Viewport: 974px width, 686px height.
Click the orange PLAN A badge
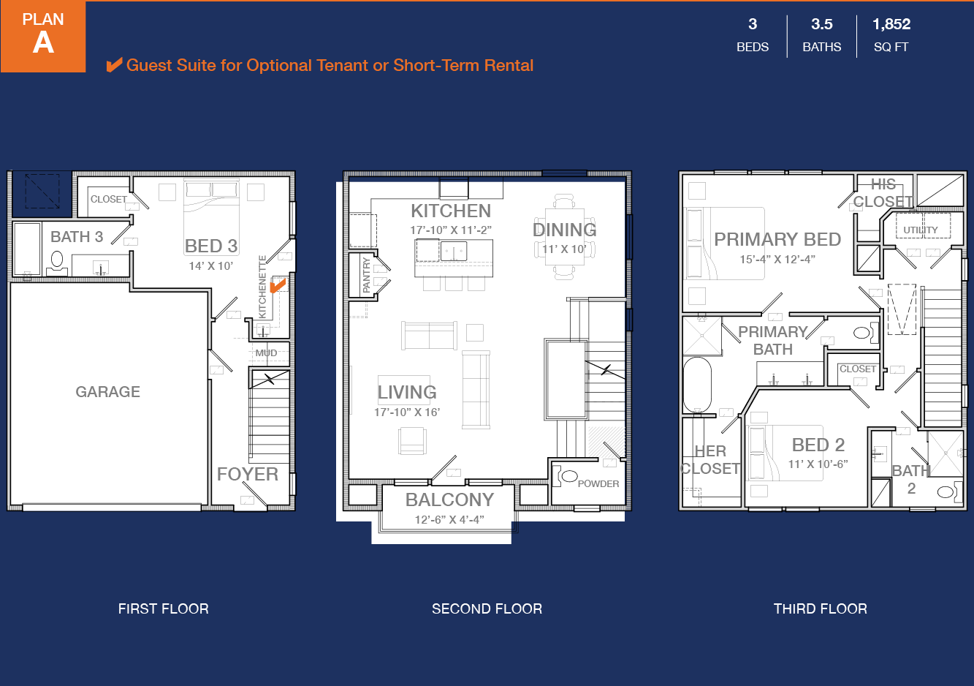pyautogui.click(x=43, y=36)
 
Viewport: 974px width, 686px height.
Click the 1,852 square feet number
pyautogui.click(x=891, y=24)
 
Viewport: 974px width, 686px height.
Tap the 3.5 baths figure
pyautogui.click(x=822, y=24)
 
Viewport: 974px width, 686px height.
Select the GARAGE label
pyautogui.click(x=108, y=392)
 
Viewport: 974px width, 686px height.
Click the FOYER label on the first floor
pyautogui.click(x=248, y=474)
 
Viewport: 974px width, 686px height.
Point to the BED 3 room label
pyautogui.click(x=211, y=246)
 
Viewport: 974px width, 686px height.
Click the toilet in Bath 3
pyautogui.click(x=57, y=263)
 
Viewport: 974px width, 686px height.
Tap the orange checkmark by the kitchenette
pyautogui.click(x=278, y=285)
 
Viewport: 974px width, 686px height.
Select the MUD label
pyautogui.click(x=266, y=353)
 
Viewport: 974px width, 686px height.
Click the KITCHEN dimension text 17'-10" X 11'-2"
pyautogui.click(x=451, y=230)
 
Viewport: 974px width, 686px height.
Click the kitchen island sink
pyautogui.click(x=454, y=251)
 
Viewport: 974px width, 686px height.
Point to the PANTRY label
pyautogui.click(x=366, y=275)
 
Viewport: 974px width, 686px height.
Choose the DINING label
pyautogui.click(x=564, y=230)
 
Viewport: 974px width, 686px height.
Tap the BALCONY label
pyautogui.click(x=449, y=500)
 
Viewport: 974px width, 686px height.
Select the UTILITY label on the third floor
pyautogui.click(x=921, y=230)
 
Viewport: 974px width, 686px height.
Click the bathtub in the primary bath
pyautogui.click(x=698, y=385)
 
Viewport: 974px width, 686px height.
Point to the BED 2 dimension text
pyautogui.click(x=818, y=464)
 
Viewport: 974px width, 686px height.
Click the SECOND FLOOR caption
pyautogui.click(x=487, y=608)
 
